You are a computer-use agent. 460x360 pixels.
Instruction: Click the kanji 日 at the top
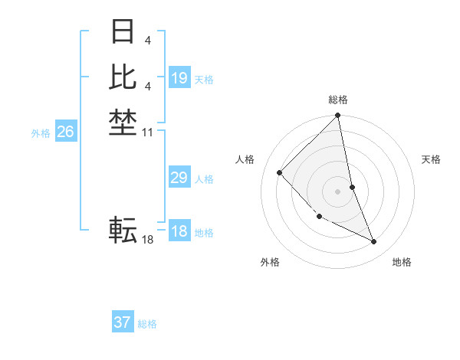point(123,32)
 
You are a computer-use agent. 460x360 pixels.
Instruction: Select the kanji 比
point(123,77)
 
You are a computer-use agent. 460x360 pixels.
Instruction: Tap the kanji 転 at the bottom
point(123,229)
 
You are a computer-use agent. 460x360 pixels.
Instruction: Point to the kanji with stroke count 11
point(123,121)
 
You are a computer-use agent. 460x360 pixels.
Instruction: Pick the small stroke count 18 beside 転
point(147,240)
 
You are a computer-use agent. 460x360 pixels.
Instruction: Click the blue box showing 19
point(179,78)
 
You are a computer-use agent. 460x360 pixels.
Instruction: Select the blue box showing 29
point(179,178)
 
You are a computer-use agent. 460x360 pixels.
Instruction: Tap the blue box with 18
point(179,232)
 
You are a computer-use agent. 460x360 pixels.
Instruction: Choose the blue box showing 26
point(66,132)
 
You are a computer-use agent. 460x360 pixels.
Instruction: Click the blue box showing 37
point(123,322)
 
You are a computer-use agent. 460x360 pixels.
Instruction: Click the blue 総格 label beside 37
point(147,324)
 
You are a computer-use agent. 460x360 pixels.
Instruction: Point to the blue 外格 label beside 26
point(41,133)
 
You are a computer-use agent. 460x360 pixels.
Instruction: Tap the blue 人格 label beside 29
point(204,180)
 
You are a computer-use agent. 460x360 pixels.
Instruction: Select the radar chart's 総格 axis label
point(338,100)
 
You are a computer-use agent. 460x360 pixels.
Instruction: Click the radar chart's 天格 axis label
point(432,159)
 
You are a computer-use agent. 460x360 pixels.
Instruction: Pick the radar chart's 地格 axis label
point(402,262)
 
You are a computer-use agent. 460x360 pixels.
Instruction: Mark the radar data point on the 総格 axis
point(338,116)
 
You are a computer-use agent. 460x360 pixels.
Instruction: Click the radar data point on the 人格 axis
point(280,172)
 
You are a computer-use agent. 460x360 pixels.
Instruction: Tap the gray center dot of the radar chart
point(338,191)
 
